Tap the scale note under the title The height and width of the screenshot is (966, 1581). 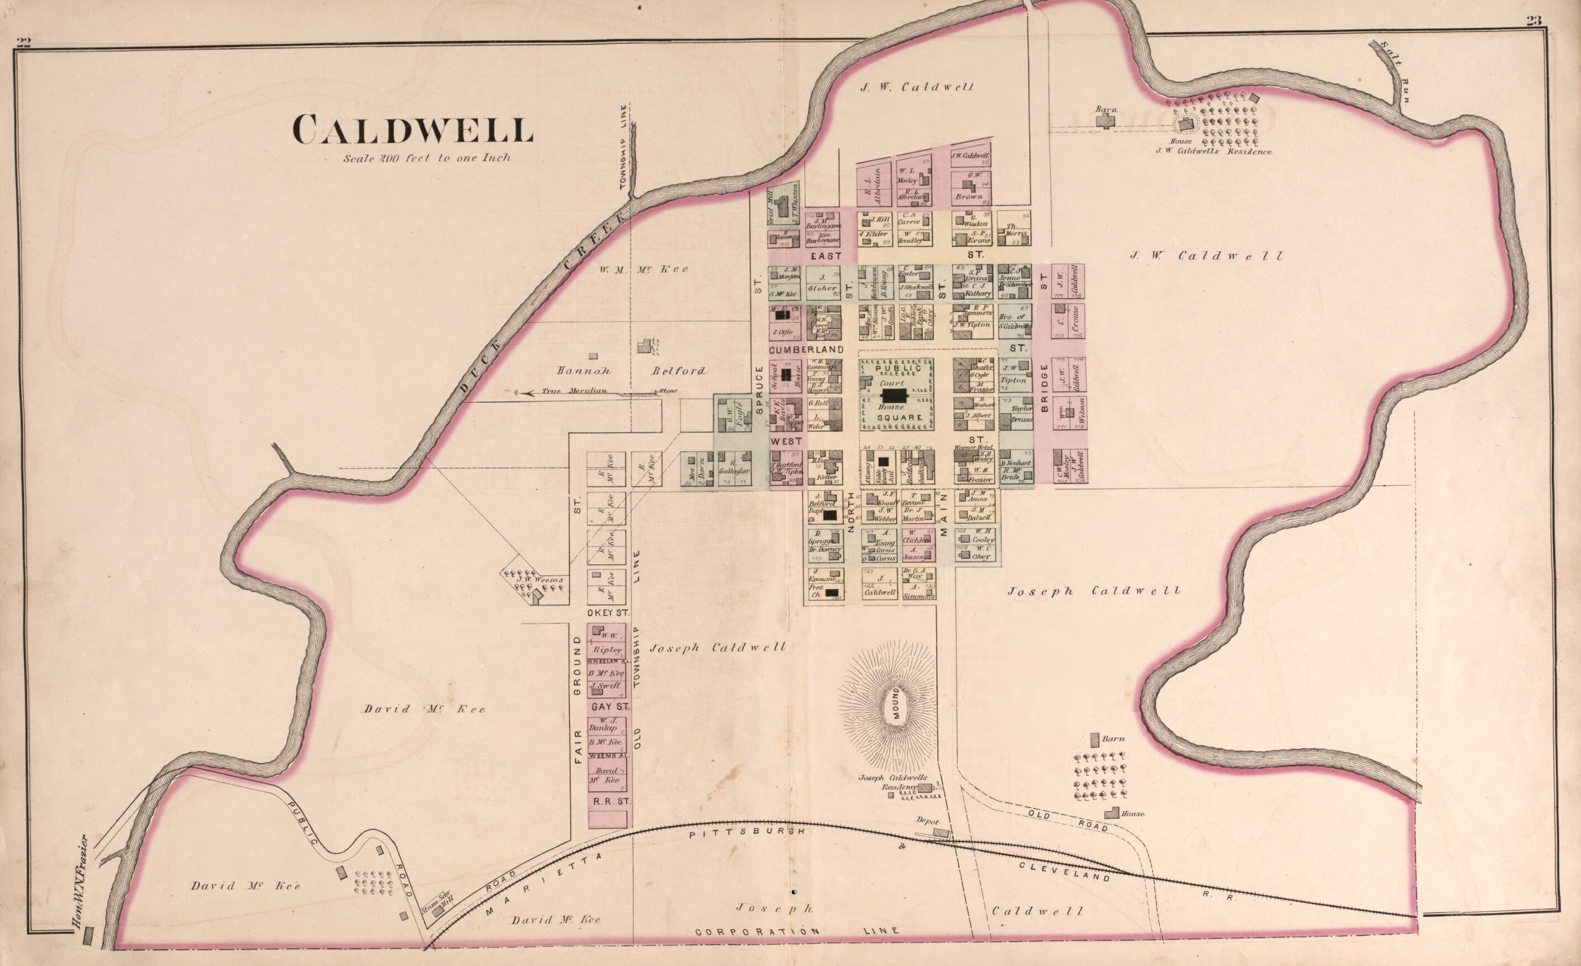pyautogui.click(x=427, y=158)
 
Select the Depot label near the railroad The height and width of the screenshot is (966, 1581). pyautogui.click(x=927, y=821)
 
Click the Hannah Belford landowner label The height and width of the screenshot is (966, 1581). pyautogui.click(x=632, y=371)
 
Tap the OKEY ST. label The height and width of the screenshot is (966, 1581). pyautogui.click(x=607, y=612)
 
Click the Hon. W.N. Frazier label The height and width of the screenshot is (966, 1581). pyautogui.click(x=80, y=882)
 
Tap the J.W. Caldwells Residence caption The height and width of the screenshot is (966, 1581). pyautogui.click(x=1213, y=152)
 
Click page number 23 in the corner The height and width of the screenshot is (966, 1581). pyautogui.click(x=1533, y=38)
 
